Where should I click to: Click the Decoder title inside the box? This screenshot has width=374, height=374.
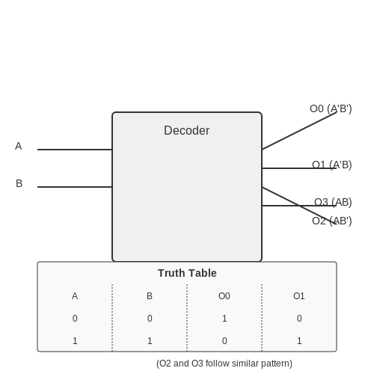(187, 130)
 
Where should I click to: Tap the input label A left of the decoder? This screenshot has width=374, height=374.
(19, 146)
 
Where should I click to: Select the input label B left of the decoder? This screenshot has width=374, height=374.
(19, 183)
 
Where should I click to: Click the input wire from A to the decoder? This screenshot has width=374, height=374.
(75, 150)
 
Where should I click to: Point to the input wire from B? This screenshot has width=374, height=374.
(75, 187)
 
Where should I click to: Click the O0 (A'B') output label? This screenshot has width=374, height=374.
(331, 108)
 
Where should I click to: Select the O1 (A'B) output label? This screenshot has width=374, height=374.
(332, 165)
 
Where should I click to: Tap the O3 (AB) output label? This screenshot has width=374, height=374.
(333, 202)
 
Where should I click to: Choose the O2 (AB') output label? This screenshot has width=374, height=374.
(332, 221)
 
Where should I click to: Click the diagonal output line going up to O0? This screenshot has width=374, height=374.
(299, 131)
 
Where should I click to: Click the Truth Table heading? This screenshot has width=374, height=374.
(187, 273)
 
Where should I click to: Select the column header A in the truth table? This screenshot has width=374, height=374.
(75, 296)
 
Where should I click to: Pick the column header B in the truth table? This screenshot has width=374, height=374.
(150, 296)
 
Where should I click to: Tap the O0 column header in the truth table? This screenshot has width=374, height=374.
(224, 296)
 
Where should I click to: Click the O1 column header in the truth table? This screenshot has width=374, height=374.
(299, 296)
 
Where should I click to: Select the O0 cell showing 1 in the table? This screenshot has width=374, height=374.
(224, 319)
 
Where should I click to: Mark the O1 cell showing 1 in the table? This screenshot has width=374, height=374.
(299, 341)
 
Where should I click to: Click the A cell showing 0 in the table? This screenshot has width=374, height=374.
(75, 319)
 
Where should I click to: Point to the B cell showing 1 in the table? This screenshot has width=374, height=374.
(150, 341)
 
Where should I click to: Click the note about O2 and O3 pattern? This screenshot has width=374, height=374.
(224, 364)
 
